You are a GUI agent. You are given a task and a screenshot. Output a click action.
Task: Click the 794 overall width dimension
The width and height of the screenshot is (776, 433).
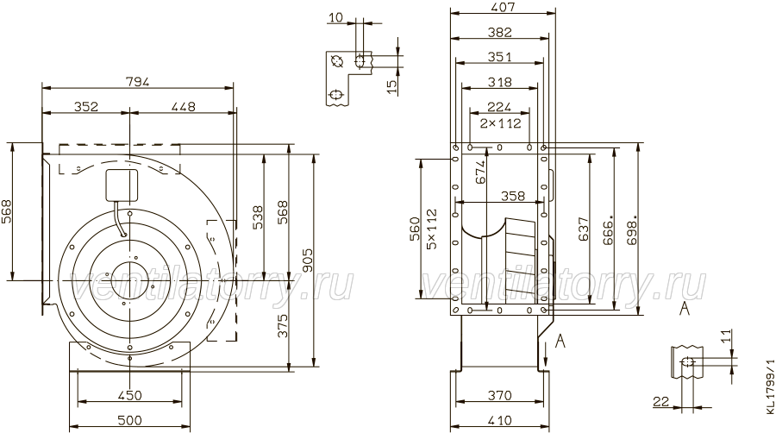[138, 82]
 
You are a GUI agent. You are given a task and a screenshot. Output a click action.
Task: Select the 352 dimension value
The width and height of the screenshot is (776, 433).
[86, 106]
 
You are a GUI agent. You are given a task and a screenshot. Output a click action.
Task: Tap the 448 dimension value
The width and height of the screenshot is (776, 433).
[184, 106]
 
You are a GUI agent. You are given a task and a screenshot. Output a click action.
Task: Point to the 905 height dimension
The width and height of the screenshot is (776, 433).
[307, 260]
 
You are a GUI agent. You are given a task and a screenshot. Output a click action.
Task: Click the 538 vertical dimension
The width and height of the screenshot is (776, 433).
[258, 217]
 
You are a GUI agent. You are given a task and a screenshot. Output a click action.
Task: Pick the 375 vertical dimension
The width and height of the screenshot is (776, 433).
[282, 325]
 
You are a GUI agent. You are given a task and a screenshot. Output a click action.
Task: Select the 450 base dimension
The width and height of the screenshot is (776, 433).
[129, 395]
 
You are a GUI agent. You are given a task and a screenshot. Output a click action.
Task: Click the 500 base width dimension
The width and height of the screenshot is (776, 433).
[129, 420]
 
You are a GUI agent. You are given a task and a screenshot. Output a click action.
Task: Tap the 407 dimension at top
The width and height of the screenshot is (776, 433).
[503, 7]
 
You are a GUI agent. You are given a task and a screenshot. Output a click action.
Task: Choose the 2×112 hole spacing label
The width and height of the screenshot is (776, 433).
[501, 122]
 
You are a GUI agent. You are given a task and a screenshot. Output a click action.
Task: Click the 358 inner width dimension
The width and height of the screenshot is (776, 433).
[513, 196]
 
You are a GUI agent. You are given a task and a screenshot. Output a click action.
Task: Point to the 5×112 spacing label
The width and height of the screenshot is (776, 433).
[432, 229]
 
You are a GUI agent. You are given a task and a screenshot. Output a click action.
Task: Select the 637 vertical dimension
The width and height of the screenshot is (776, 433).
[584, 229]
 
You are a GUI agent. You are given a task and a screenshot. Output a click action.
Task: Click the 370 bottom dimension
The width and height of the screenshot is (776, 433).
[499, 395]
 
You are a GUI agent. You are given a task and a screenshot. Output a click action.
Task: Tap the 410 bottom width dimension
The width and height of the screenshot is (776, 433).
[499, 420]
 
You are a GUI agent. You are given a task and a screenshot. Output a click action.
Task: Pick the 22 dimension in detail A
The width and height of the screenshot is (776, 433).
[660, 402]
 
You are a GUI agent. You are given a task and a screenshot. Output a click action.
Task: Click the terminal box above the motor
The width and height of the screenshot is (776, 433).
[122, 185]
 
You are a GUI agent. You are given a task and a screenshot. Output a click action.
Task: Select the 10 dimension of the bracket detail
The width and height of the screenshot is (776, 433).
[335, 18]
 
